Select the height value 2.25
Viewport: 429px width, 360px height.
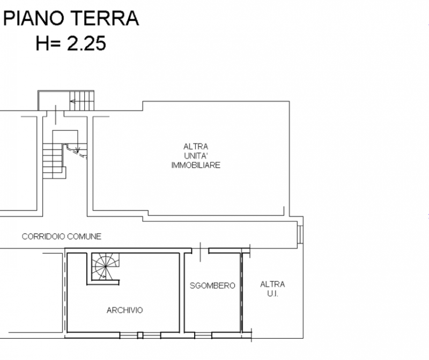[x=86, y=43]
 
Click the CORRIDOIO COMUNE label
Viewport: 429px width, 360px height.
[x=61, y=236]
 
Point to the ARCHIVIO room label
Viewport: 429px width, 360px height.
[x=124, y=310]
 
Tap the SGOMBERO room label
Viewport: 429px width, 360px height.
[x=212, y=286]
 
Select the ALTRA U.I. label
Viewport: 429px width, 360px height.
[x=272, y=289]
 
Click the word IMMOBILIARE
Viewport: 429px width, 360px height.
[x=196, y=166]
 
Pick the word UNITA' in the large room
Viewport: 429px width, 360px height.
[x=196, y=156]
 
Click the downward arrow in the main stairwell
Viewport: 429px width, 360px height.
[x=77, y=147]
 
